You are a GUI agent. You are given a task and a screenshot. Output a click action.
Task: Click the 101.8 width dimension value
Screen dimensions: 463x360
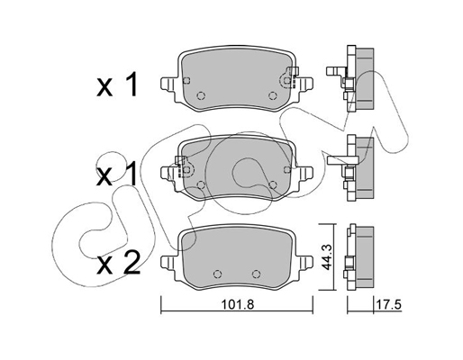point(237,305)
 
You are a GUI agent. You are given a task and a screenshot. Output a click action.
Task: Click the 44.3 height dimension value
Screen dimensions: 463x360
point(326,256)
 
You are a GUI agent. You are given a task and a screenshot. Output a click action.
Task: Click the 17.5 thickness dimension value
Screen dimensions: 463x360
point(388,305)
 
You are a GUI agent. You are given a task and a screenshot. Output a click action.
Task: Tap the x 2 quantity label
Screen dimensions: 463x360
point(118,263)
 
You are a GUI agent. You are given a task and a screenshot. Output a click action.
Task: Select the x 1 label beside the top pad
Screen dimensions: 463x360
point(117,85)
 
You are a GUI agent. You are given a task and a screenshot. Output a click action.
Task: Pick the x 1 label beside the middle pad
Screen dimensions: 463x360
point(117,174)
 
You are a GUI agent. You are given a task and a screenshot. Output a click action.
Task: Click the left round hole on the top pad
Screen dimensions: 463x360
point(201,95)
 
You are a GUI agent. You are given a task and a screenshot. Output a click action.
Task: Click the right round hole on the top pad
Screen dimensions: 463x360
point(272,95)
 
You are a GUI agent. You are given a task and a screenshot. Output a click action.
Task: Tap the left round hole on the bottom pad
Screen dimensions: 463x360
point(218,274)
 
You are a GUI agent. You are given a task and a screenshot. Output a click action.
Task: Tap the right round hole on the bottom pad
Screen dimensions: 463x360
point(256,274)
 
